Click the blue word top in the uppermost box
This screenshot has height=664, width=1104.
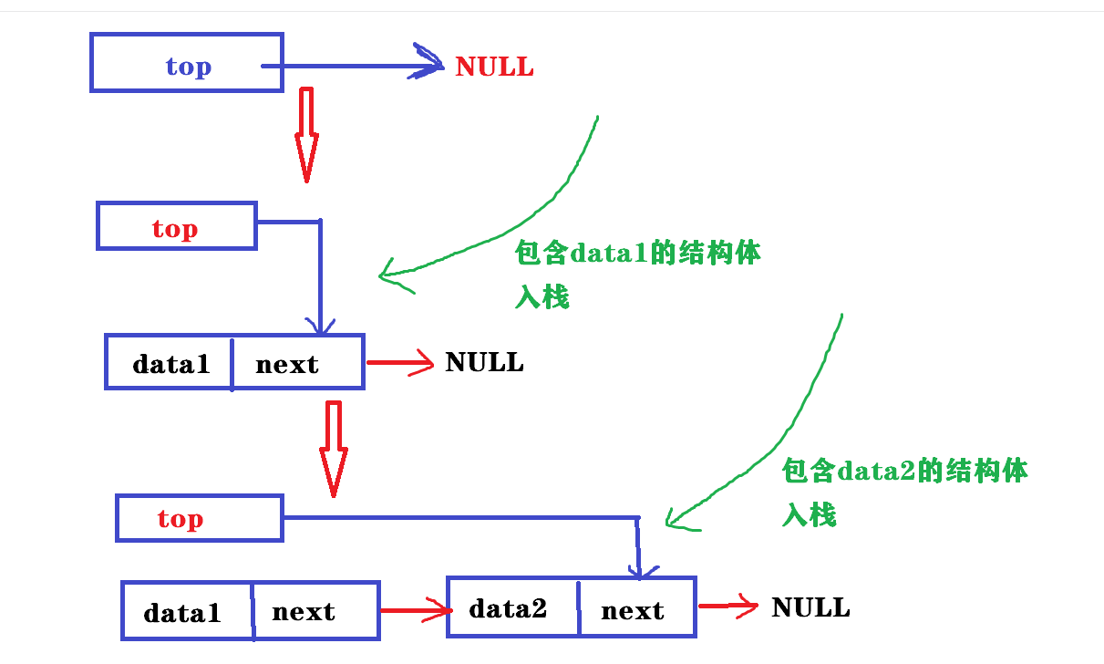tap(188, 67)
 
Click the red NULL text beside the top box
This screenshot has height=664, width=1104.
tap(494, 67)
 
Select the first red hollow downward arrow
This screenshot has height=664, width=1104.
tap(306, 137)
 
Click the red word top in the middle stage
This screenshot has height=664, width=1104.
tap(175, 228)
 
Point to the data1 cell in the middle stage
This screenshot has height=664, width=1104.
tap(170, 364)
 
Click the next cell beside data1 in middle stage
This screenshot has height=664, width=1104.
tap(287, 364)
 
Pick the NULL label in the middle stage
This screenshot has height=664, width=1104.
tap(484, 362)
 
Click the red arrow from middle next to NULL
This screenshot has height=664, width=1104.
tap(400, 363)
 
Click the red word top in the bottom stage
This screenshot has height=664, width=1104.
tap(180, 518)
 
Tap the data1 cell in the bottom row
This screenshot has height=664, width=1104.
tap(182, 612)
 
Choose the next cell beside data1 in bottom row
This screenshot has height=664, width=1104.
tap(304, 612)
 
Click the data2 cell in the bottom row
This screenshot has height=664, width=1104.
tap(508, 608)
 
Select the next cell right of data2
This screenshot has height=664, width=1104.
tap(632, 610)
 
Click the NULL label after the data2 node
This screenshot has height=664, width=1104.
tap(810, 607)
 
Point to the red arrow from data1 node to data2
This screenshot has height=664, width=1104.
tap(415, 610)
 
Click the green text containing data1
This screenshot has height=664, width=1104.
tap(638, 254)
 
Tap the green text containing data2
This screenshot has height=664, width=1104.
tap(904, 471)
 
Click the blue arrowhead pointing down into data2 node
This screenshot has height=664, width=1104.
tap(639, 569)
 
